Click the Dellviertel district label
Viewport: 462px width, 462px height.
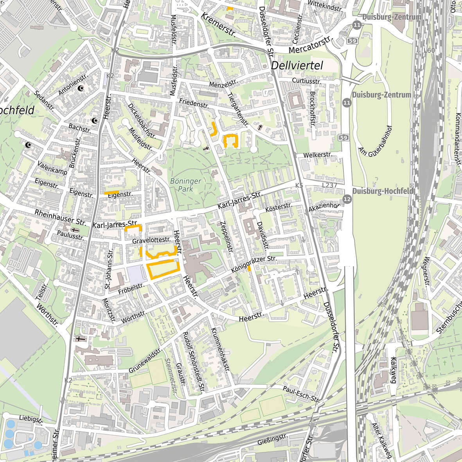tap(297, 66)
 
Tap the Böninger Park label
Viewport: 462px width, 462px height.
tap(186, 185)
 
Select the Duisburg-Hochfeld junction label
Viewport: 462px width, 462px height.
tap(382, 191)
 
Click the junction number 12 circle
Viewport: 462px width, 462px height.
tap(347, 199)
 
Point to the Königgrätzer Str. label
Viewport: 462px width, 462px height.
tap(254, 264)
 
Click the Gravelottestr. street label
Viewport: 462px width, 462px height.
tap(151, 240)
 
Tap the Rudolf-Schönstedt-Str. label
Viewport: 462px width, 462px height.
tap(194, 362)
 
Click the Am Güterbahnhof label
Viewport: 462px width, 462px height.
tap(376, 141)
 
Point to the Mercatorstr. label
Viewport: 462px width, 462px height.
tap(310, 46)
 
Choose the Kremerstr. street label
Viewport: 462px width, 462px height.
tap(219, 25)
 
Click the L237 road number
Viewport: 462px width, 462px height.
tap(329, 185)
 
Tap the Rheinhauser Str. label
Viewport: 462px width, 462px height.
tap(60, 217)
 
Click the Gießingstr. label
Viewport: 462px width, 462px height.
tap(273, 440)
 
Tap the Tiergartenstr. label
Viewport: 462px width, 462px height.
tap(238, 110)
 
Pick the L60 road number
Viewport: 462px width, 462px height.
tap(429, 50)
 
